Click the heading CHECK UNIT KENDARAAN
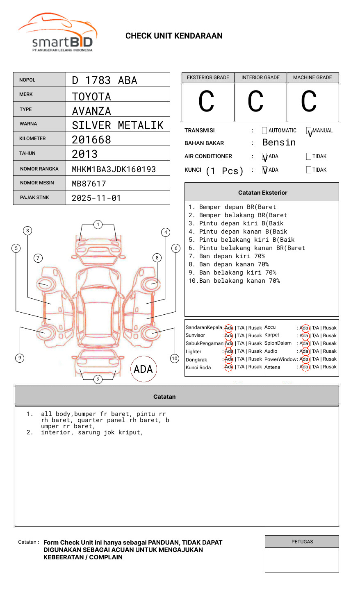(x=174, y=36)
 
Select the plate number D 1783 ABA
(x=105, y=80)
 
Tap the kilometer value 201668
(x=91, y=140)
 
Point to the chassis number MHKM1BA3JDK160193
(x=114, y=169)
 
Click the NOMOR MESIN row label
(x=37, y=183)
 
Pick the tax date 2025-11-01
(x=96, y=198)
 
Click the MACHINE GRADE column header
(x=312, y=77)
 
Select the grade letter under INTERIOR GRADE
(x=255, y=102)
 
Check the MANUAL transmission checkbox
(x=309, y=131)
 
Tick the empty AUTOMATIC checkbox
(x=264, y=131)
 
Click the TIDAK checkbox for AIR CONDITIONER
(x=309, y=157)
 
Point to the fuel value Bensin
(x=279, y=143)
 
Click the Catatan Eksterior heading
(x=262, y=193)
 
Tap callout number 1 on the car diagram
(x=98, y=225)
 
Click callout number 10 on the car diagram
(x=175, y=359)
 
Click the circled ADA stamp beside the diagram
(x=143, y=369)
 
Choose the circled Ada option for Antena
(x=304, y=367)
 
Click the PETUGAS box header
(x=302, y=542)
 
